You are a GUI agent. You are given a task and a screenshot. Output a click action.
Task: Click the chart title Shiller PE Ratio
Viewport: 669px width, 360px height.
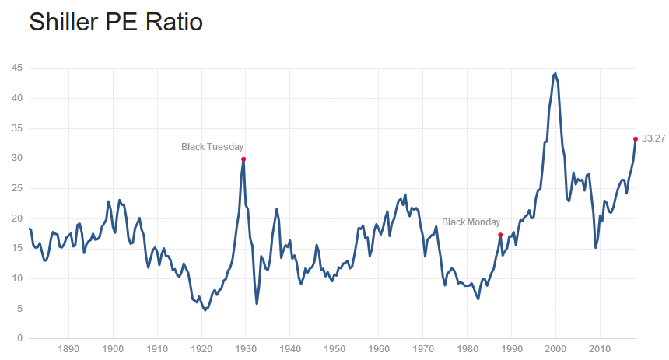(x=116, y=23)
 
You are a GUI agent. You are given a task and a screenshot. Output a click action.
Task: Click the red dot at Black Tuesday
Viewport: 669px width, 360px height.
(x=243, y=159)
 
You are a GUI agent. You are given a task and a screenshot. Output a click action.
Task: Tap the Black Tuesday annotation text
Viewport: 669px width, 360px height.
(x=212, y=146)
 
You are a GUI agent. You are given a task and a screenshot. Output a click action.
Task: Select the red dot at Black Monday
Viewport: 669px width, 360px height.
(x=500, y=235)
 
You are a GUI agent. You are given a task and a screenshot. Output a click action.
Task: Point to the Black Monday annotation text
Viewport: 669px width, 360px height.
(x=472, y=222)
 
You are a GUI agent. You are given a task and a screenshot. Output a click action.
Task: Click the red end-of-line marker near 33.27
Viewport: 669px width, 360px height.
(x=636, y=139)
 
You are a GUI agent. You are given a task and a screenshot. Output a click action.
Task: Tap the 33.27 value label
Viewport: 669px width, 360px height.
(x=653, y=139)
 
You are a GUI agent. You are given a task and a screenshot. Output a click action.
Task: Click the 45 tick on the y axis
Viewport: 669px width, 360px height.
(x=16, y=68)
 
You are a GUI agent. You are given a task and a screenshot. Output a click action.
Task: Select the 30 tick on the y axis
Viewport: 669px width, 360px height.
(x=16, y=159)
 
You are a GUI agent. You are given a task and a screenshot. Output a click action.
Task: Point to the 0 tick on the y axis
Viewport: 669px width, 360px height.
(x=18, y=338)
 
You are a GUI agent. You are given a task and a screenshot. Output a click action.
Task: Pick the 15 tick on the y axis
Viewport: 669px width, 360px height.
(x=16, y=248)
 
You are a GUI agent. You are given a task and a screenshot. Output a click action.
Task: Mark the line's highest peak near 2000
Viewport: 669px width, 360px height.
(x=555, y=73)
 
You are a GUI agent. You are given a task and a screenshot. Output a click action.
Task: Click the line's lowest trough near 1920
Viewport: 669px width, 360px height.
(x=205, y=309)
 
